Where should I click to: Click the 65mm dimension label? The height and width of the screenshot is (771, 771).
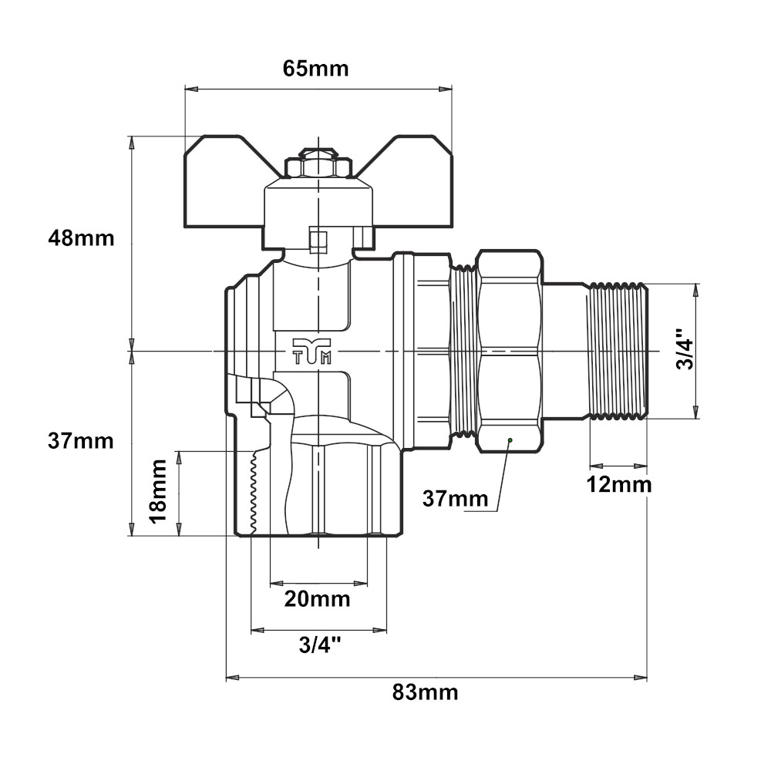[315, 69]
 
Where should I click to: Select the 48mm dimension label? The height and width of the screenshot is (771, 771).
[81, 238]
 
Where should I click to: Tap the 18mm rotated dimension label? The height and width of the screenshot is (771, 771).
[159, 492]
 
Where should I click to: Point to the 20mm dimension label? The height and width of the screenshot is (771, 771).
[317, 599]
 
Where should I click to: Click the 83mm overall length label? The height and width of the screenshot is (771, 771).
[426, 692]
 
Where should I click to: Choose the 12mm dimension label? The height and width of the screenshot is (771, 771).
[619, 485]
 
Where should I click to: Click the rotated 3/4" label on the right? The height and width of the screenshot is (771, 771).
[685, 348]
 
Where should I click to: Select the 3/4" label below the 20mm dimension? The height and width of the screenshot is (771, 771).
[320, 645]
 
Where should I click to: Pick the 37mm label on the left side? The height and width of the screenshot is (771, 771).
[81, 441]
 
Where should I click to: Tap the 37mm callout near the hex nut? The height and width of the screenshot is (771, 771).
[456, 499]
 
